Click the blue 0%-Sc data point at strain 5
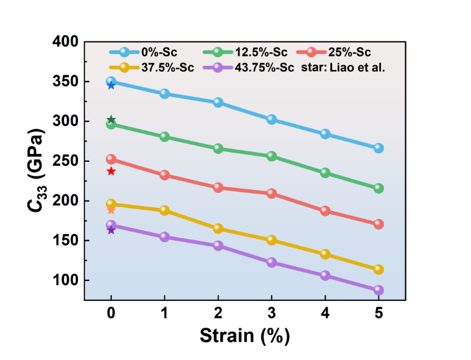click(379, 148)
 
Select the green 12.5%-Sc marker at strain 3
click(271, 156)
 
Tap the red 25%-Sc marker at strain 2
click(218, 187)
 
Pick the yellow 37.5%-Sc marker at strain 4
click(325, 254)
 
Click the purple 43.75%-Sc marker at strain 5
click(379, 290)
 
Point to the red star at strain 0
click(111, 171)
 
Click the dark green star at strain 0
click(111, 120)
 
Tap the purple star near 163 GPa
click(111, 230)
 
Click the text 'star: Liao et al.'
click(343, 67)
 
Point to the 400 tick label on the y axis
click(65, 42)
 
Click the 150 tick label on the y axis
click(65, 241)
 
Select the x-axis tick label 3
click(271, 313)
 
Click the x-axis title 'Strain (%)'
click(245, 335)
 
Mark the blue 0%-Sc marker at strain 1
click(164, 94)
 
